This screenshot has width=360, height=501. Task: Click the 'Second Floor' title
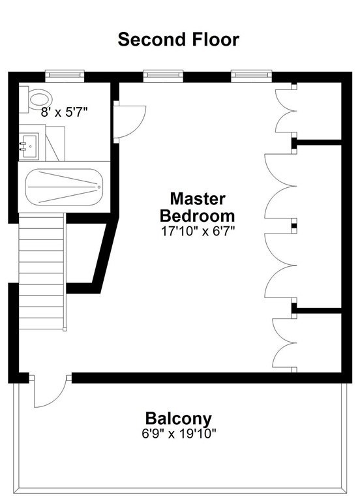coord(178,39)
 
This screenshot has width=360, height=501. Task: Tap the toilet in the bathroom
coord(36,99)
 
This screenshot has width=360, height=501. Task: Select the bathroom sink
coord(29,146)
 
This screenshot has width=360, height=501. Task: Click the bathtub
coord(64,187)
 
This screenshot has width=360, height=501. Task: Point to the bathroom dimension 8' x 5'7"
coord(64,112)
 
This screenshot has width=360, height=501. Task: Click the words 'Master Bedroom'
coord(198,207)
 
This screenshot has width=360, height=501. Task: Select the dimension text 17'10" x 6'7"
coord(198,231)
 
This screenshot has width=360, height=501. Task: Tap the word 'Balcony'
coord(178,419)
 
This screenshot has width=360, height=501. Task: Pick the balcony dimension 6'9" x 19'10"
coord(179,434)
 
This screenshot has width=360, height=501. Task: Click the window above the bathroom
coord(65,76)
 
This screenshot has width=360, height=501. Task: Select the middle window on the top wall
coord(163,76)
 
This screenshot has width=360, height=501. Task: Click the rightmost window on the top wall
coord(251,76)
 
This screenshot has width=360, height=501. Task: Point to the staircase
coord(41,271)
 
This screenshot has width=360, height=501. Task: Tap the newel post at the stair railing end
coord(65,329)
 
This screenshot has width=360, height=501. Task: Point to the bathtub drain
coord(99,187)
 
